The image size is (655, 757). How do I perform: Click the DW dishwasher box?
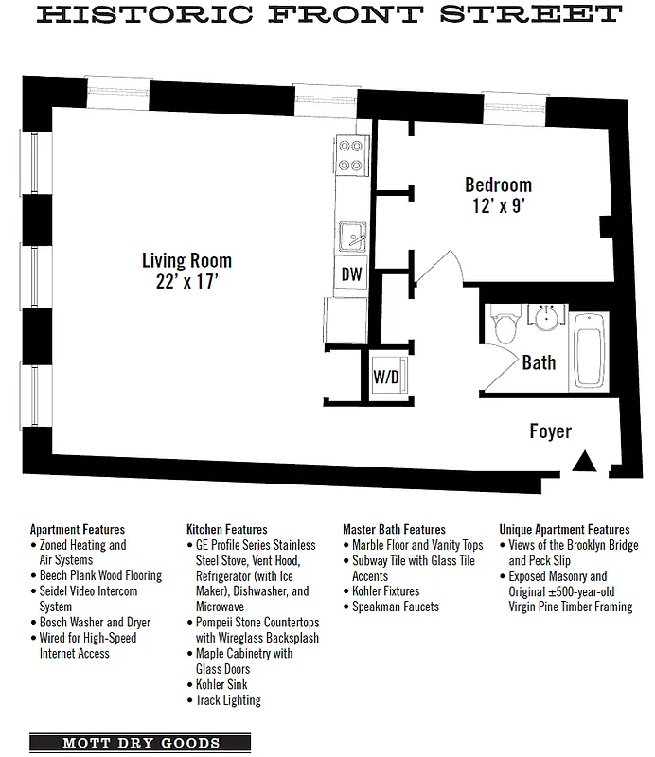(351, 275)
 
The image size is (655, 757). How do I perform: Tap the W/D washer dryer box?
(386, 376)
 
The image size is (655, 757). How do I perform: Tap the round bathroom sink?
(545, 318)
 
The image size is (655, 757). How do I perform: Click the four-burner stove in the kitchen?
(352, 155)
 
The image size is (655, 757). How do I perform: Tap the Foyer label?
(550, 431)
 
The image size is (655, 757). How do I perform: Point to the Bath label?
(539, 362)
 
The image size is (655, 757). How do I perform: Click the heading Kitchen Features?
(226, 529)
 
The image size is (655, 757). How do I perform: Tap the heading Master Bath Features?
(394, 529)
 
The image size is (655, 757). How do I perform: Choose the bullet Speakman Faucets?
(395, 607)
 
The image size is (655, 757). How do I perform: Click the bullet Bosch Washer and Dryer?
(94, 623)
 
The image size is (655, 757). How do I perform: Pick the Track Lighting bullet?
(227, 700)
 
